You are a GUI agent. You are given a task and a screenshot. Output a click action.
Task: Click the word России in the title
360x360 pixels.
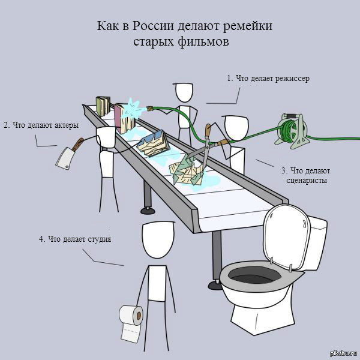click(x=152, y=25)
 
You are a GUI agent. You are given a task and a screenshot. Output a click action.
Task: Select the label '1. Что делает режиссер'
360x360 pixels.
click(x=268, y=79)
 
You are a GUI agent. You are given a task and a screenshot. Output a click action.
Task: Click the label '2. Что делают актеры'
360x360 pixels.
click(x=41, y=125)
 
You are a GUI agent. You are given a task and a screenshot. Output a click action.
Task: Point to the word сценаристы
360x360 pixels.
click(x=307, y=180)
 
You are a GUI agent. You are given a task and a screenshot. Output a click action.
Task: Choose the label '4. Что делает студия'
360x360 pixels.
click(x=75, y=239)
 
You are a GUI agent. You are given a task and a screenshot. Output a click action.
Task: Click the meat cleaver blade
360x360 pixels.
click(x=65, y=158)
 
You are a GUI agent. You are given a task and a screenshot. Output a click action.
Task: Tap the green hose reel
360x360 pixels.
click(x=292, y=130)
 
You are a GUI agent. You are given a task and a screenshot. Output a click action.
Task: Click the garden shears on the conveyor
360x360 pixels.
click(x=206, y=145)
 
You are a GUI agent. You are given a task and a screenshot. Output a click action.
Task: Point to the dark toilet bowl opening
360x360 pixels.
click(x=256, y=276)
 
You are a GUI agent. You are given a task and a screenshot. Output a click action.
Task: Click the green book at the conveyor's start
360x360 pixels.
click(x=103, y=106)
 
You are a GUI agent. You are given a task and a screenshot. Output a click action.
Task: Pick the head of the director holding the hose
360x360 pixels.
click(x=184, y=92)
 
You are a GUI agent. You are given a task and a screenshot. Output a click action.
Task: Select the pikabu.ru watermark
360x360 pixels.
click(x=343, y=353)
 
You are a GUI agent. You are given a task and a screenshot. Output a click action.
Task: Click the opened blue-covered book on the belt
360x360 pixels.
click(x=153, y=143)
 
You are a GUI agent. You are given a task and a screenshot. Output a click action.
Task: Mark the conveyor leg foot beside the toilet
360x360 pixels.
click(x=215, y=286)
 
